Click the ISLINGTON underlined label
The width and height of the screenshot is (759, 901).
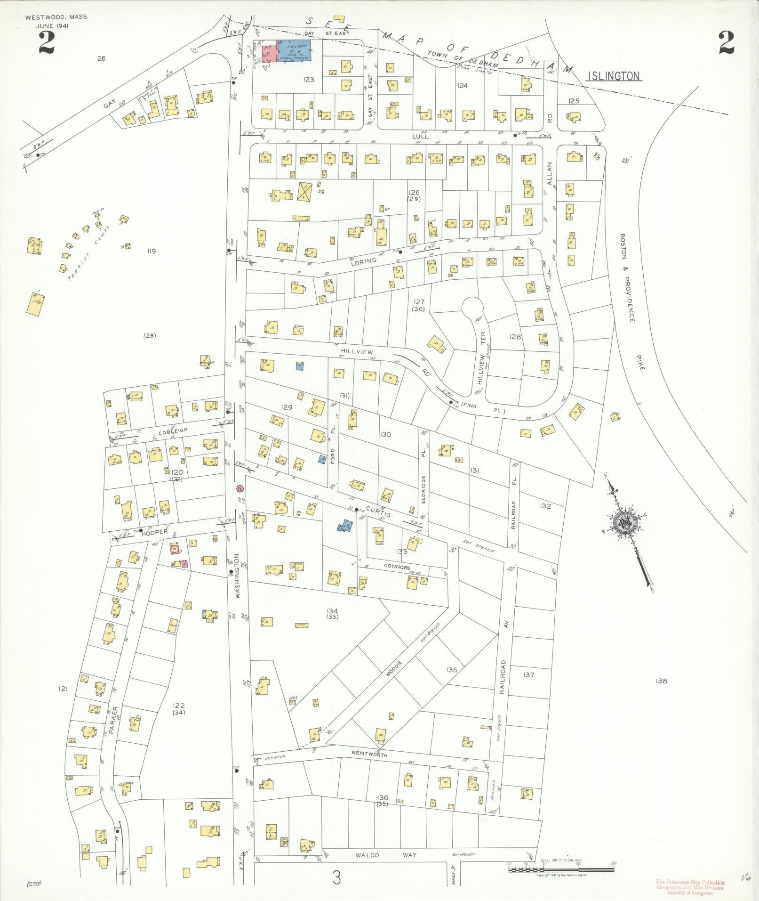[x=614, y=76]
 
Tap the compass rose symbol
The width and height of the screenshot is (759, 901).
[x=625, y=523]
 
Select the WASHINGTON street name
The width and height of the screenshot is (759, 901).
[x=238, y=576]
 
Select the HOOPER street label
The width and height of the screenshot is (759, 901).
[x=155, y=532]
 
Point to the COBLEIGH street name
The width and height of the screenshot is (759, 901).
[x=173, y=430]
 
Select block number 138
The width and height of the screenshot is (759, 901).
[x=661, y=681]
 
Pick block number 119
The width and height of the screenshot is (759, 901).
[x=151, y=251]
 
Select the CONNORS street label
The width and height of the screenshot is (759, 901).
[x=397, y=567]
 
